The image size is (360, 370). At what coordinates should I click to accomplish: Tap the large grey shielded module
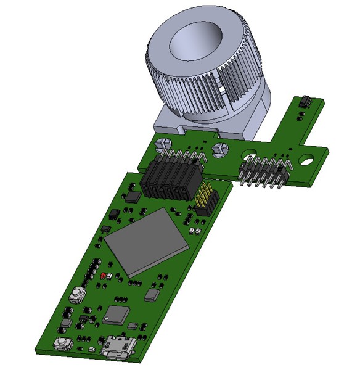click(145, 241)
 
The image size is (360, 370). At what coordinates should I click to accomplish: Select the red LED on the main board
click(103, 276)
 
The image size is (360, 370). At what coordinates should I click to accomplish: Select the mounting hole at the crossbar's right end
click(306, 162)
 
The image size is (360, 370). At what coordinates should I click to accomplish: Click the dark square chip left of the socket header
click(134, 196)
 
